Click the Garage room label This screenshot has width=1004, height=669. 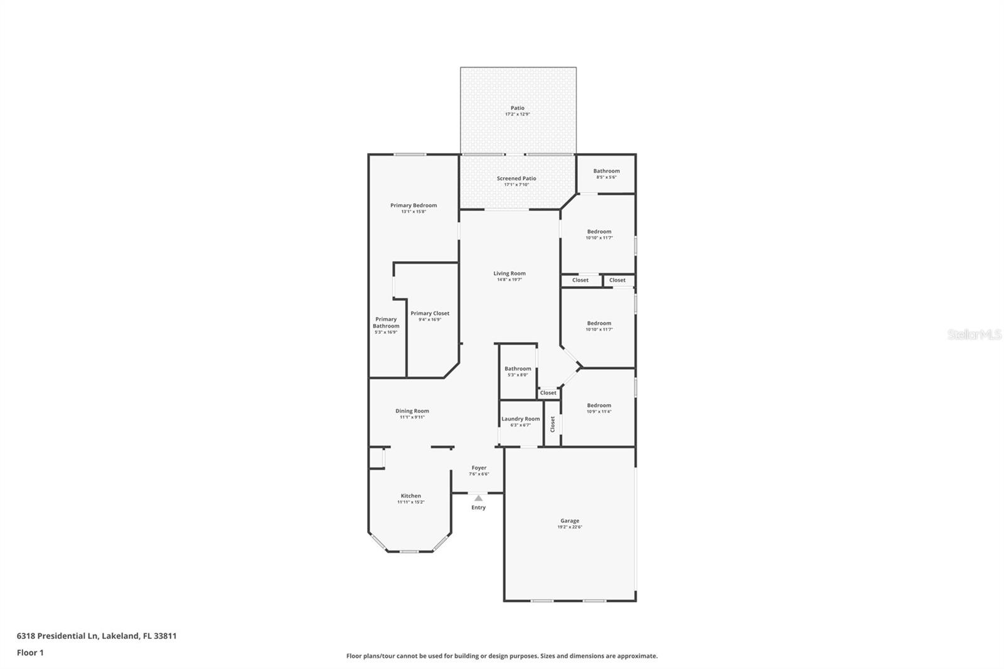click(x=570, y=521)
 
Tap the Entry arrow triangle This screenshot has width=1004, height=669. click(x=478, y=498)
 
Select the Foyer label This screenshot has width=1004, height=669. click(x=479, y=468)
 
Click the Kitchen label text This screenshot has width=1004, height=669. click(x=411, y=496)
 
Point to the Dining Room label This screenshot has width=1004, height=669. click(x=412, y=411)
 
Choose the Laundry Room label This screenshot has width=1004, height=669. click(x=520, y=419)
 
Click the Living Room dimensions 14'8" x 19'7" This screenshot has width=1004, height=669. click(x=509, y=280)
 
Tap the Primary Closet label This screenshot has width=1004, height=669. click(x=430, y=313)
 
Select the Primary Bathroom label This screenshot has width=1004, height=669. click(x=386, y=323)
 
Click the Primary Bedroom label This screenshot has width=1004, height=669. click(x=414, y=205)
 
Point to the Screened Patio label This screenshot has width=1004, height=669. click(x=516, y=178)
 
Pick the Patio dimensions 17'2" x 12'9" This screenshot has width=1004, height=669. click(x=518, y=114)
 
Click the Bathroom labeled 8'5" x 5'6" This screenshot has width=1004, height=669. click(x=606, y=171)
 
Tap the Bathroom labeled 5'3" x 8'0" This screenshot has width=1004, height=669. click(x=518, y=369)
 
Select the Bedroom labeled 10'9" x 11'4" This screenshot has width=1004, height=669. click(x=599, y=405)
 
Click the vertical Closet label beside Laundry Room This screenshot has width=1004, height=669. click(x=553, y=424)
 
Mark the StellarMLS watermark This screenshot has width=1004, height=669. click(x=974, y=334)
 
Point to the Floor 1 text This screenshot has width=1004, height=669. click(x=30, y=653)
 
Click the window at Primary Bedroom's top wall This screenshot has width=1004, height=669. click(x=410, y=154)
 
